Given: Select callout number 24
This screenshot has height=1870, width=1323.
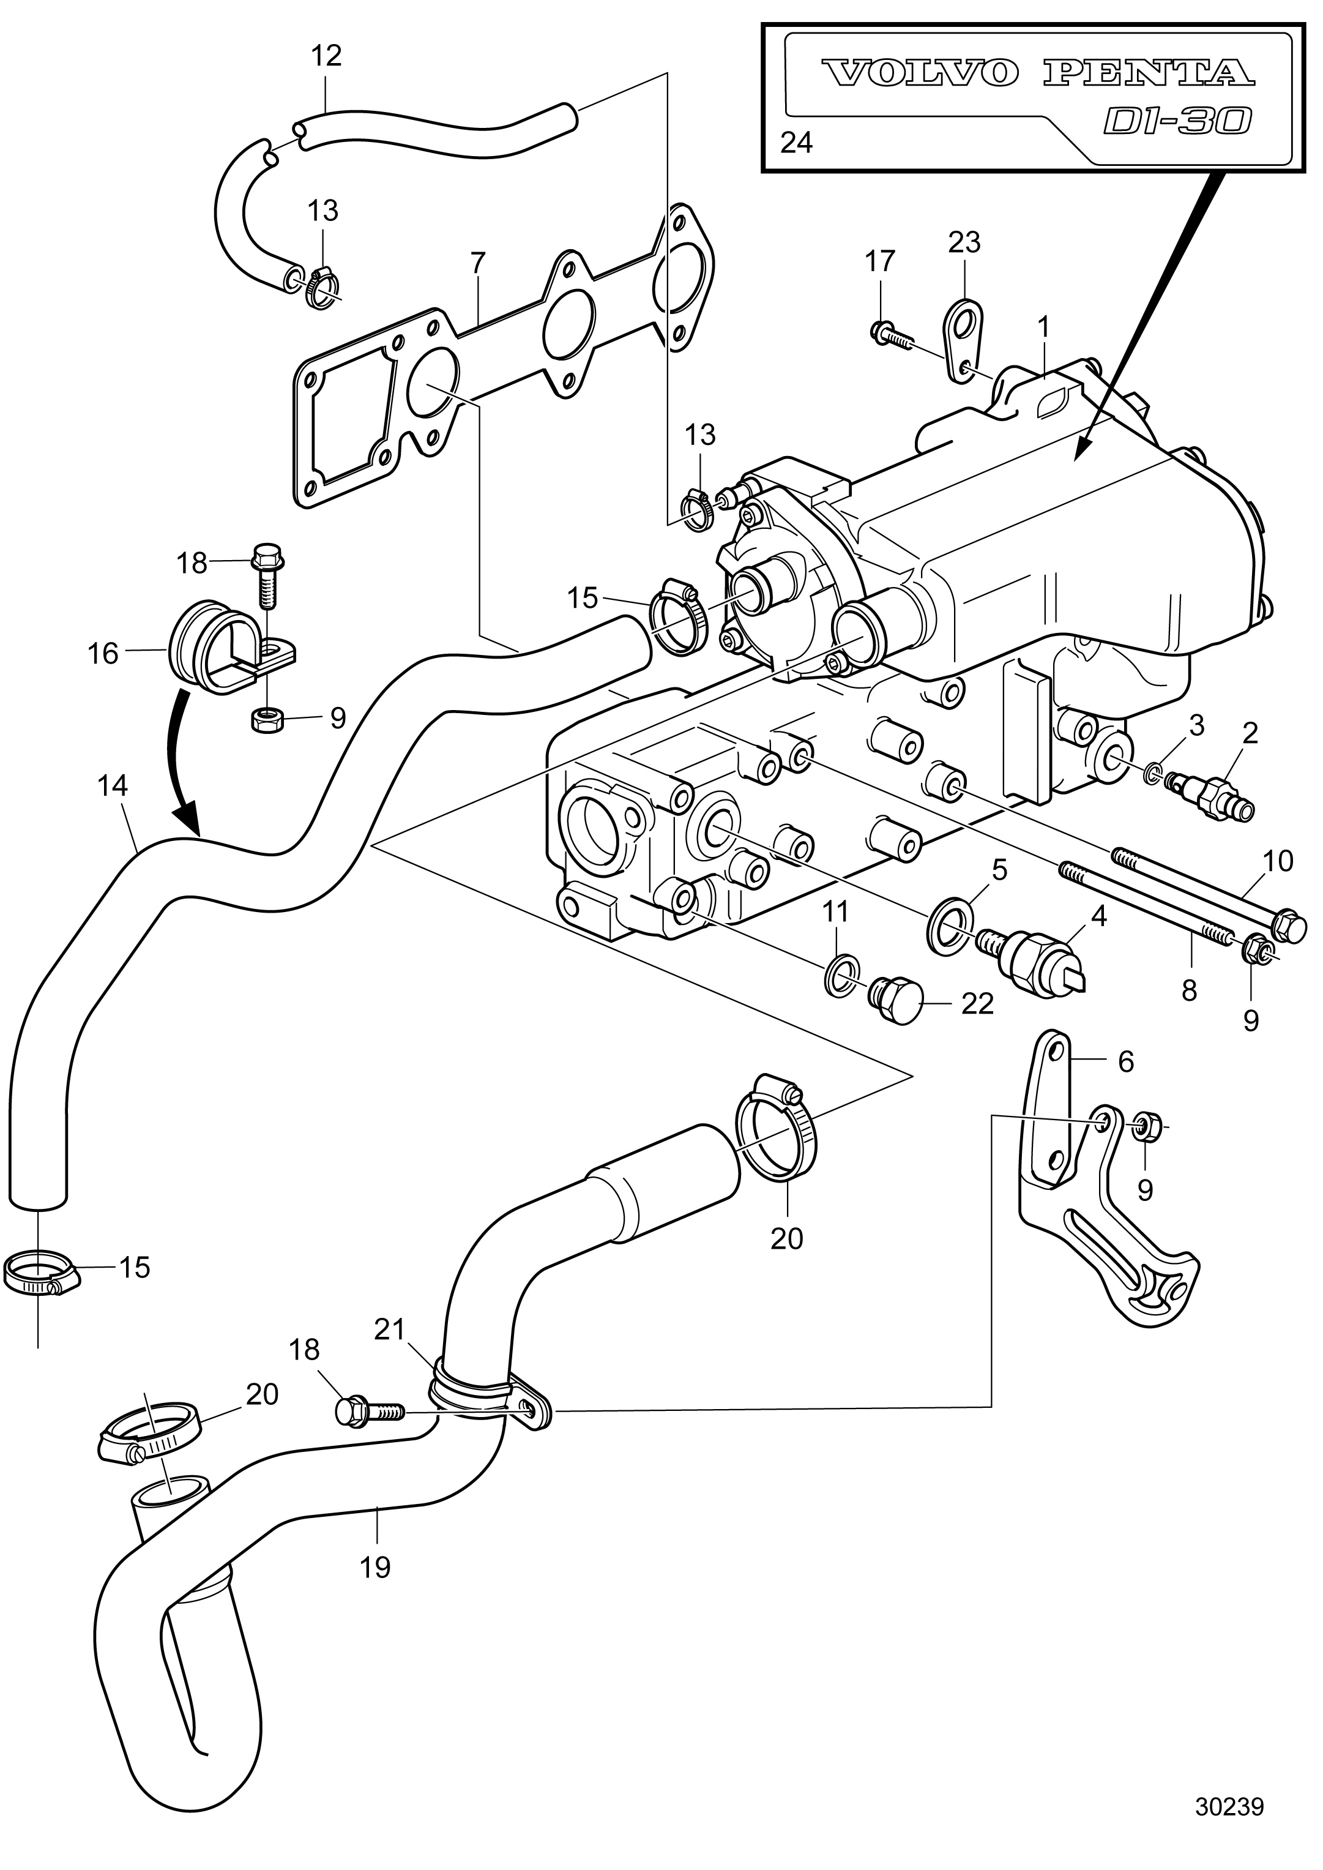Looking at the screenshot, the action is point(796,143).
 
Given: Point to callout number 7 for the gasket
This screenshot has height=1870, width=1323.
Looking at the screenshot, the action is point(477,263).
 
